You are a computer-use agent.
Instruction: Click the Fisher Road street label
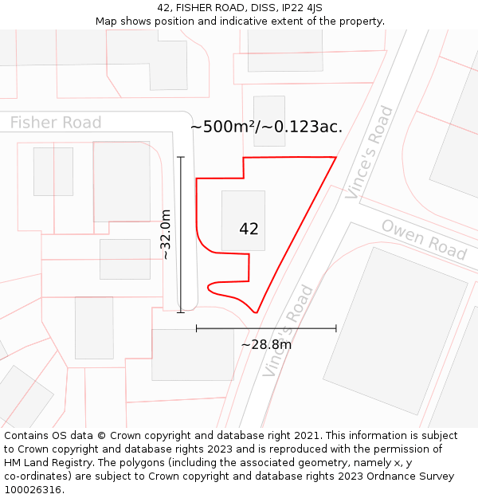point(56,123)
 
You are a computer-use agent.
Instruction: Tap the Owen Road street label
point(423,238)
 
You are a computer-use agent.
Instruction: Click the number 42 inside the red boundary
point(249,229)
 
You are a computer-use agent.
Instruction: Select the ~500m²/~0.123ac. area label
point(266,127)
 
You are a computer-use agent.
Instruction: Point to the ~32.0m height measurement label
point(165,234)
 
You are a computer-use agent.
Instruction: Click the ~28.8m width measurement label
point(266,344)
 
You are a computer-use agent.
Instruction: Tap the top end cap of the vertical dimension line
point(181,157)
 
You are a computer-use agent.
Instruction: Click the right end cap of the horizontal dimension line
point(336,327)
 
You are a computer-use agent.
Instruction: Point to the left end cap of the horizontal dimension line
point(196,327)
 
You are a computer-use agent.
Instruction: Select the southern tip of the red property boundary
point(256,312)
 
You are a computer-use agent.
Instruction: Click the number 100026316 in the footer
point(33,490)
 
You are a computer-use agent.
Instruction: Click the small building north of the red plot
point(268,120)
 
